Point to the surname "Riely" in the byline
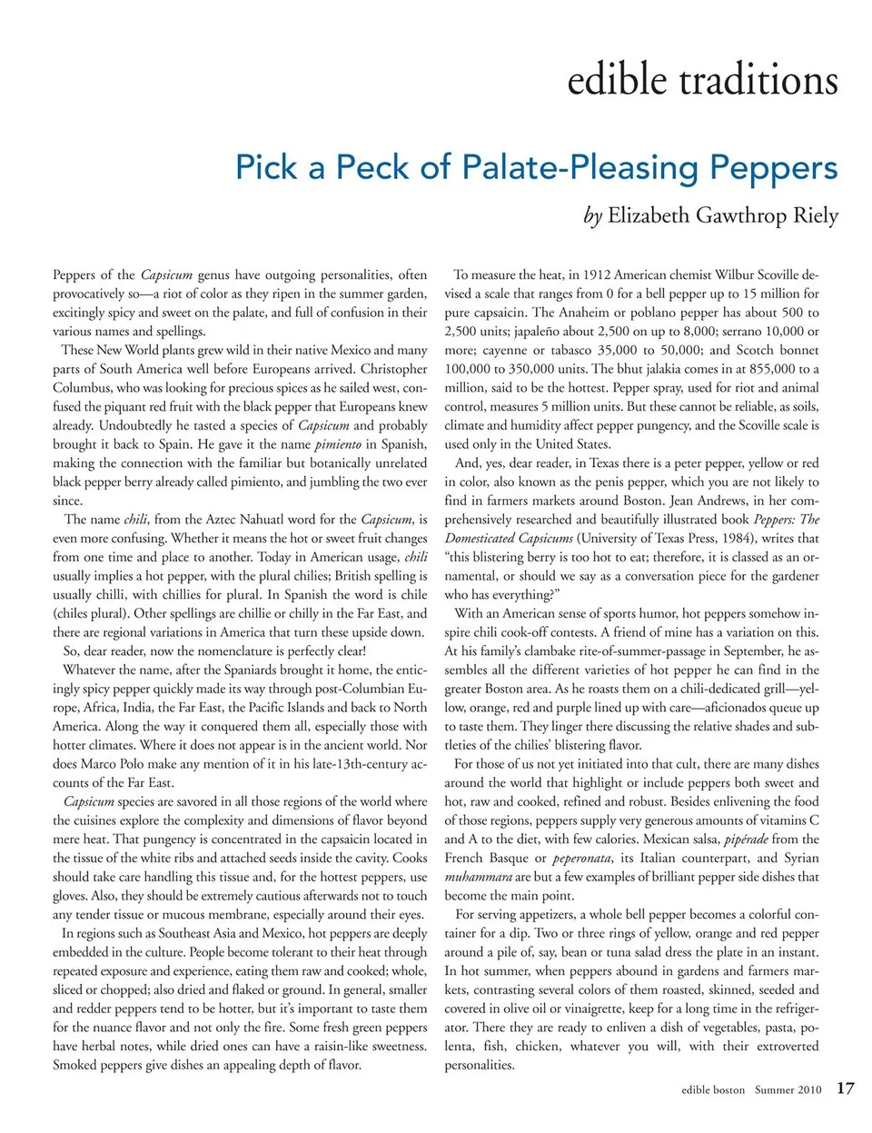click(x=809, y=216)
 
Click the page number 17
click(x=845, y=1088)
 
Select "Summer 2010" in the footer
click(x=788, y=1089)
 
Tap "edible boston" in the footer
click(x=713, y=1089)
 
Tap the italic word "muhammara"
click(x=478, y=877)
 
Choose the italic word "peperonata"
click(x=585, y=858)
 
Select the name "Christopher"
click(x=393, y=369)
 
